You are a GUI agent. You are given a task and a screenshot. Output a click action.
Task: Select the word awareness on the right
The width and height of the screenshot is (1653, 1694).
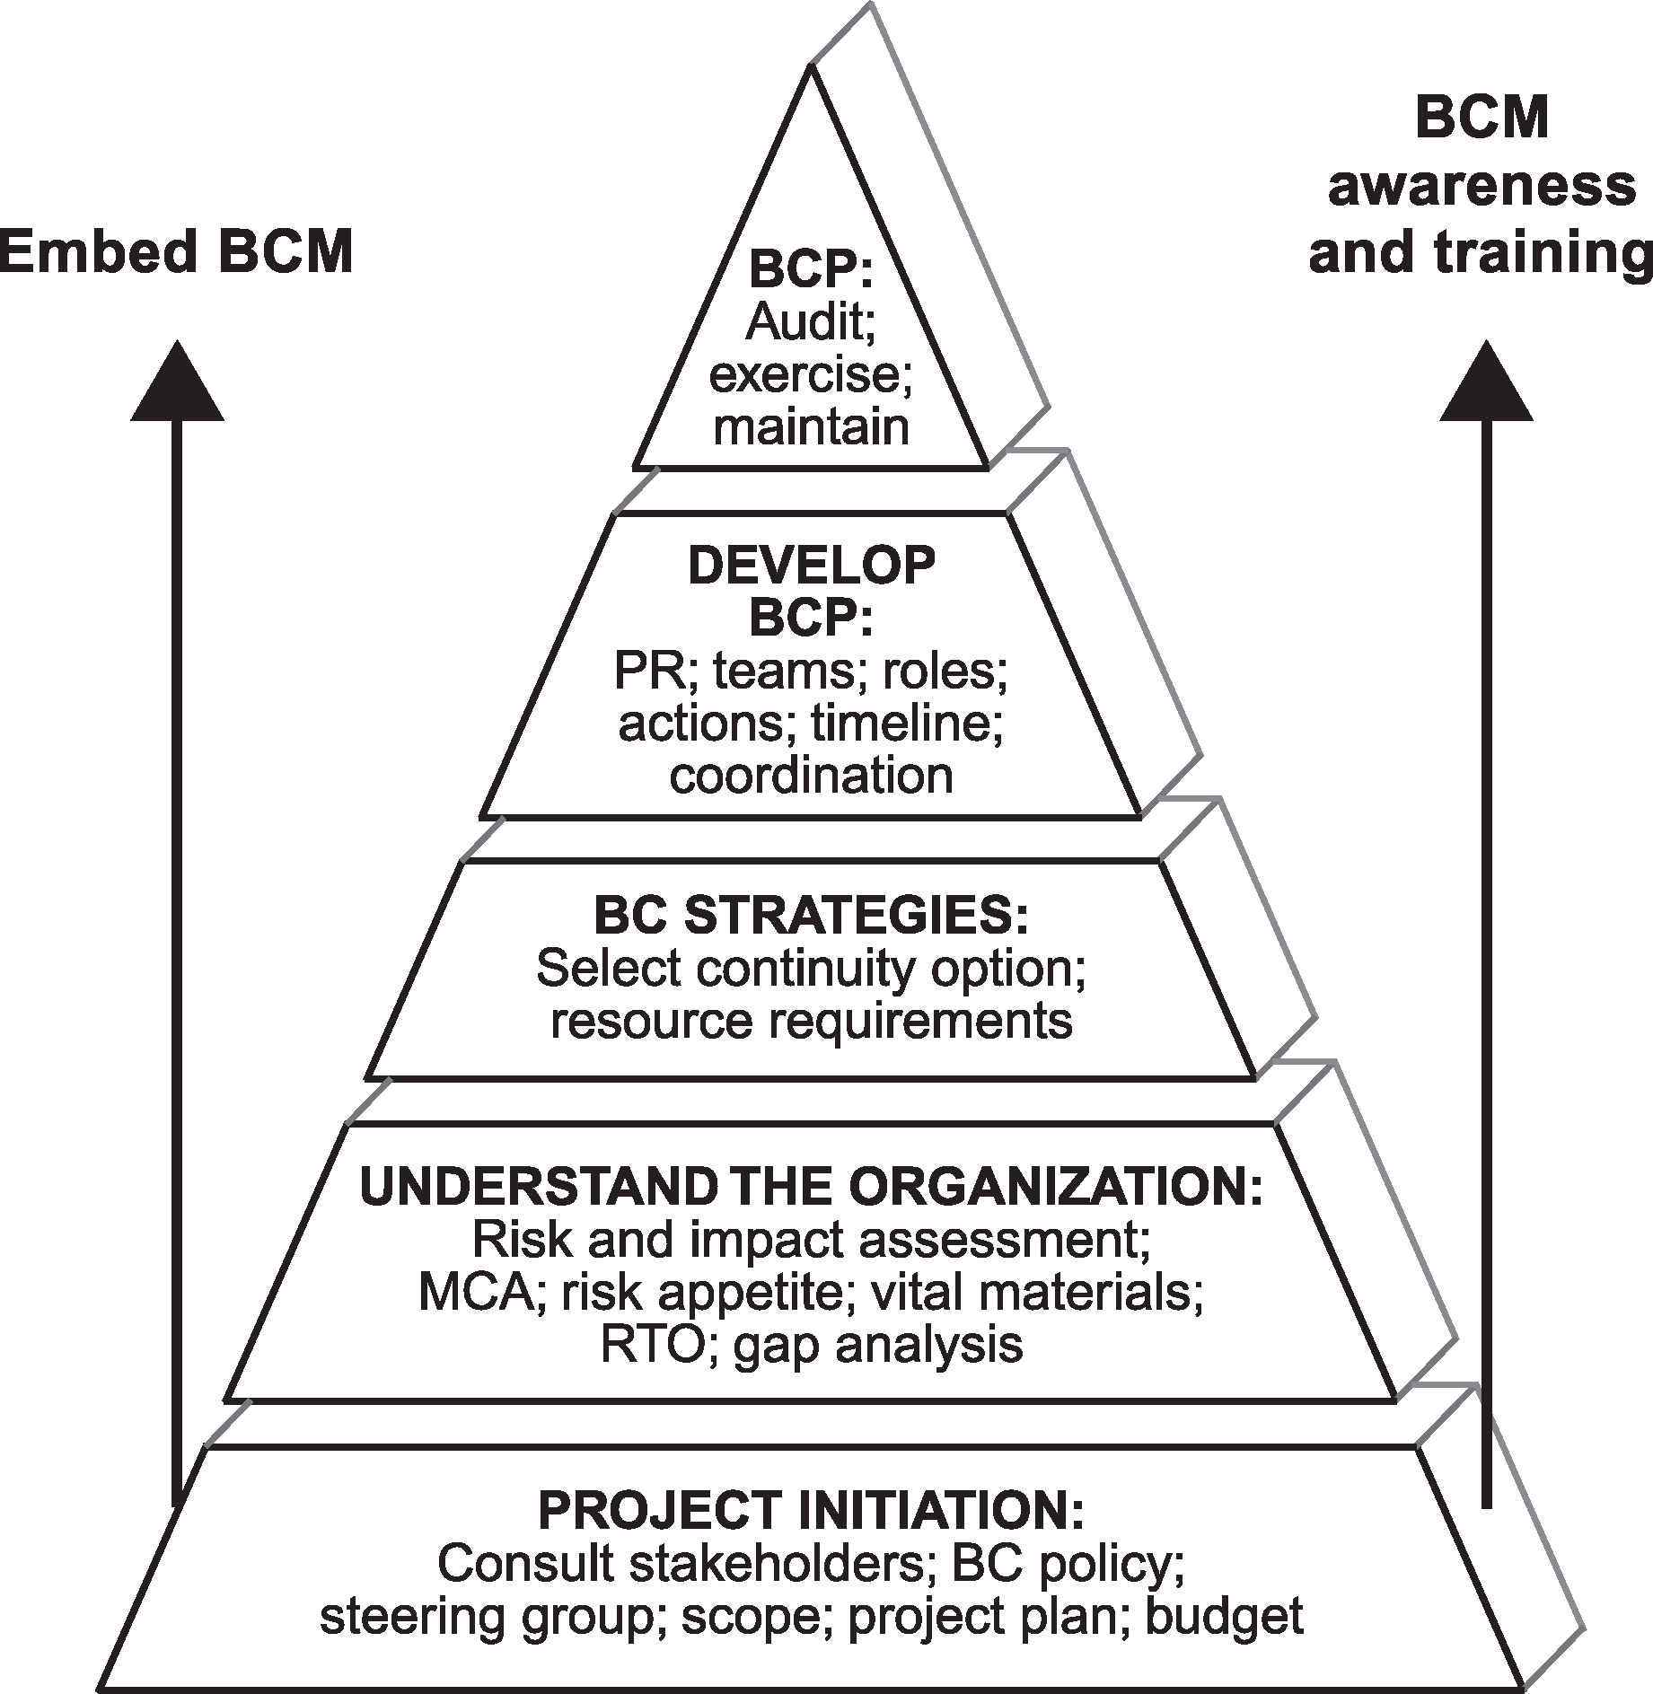tap(1482, 186)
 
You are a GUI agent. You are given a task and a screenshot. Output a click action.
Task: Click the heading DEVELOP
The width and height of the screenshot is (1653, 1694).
tap(811, 566)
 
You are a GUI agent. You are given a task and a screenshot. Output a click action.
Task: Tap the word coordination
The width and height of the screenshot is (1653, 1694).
tap(811, 775)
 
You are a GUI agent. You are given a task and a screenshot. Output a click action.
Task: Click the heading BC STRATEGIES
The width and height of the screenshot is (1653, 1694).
tap(811, 916)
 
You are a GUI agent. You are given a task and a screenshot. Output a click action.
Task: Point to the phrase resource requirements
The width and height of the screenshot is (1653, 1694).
tap(811, 1021)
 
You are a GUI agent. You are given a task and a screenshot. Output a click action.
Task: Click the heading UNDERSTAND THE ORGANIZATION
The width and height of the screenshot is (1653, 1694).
tap(811, 1187)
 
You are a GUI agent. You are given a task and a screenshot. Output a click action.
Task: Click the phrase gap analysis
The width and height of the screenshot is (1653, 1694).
tap(878, 1345)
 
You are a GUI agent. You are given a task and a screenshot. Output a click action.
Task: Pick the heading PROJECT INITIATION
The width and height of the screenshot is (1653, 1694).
tap(811, 1511)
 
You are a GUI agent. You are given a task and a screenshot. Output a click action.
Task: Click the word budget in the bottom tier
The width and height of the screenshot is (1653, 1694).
tap(1225, 1616)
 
